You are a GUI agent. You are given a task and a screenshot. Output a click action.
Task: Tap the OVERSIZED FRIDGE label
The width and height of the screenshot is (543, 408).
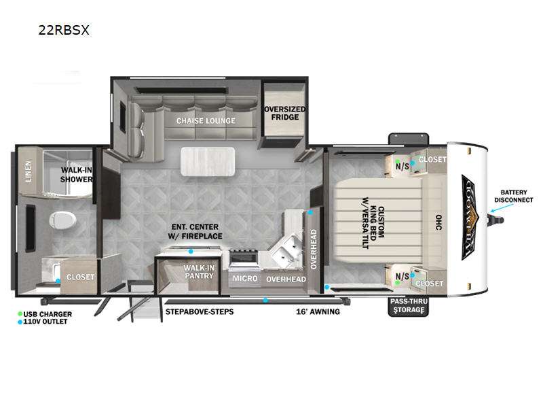(285, 113)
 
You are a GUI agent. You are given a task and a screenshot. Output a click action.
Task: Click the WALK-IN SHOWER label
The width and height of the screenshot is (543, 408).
(77, 175)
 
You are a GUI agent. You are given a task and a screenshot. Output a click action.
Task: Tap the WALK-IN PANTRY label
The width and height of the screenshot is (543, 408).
(199, 272)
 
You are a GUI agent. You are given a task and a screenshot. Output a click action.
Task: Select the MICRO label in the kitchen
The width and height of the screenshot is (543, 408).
(244, 279)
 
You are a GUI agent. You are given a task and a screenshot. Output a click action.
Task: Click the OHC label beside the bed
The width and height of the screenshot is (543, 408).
(438, 223)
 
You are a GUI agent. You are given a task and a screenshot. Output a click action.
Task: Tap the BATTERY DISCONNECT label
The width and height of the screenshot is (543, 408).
(518, 196)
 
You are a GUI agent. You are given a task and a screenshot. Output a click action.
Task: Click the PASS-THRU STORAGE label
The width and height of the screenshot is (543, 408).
(407, 306)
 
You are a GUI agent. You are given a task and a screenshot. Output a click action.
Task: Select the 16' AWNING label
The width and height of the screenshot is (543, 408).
(318, 311)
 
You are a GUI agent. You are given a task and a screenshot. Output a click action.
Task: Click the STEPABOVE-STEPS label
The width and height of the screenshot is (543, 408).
(200, 311)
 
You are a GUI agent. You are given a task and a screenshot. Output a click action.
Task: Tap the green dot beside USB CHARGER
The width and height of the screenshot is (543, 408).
(21, 314)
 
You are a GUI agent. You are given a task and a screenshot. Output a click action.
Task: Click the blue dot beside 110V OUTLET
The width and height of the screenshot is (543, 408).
(21, 322)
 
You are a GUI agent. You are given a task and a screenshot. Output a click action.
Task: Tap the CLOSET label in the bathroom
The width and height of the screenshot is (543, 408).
(80, 277)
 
